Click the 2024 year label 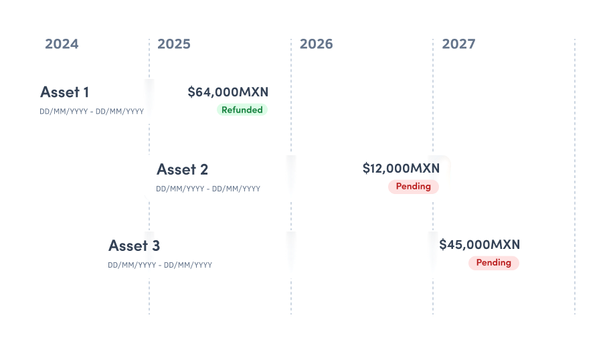point(62,44)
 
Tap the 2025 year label point(174,44)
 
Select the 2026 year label point(316,44)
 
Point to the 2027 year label point(458,44)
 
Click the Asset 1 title point(64,92)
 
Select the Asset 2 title point(182,169)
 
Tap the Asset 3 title point(134,246)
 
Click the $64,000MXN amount point(228,92)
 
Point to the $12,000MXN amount point(402,168)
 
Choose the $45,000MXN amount point(479,245)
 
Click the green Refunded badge point(242,110)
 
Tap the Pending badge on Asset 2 point(414,187)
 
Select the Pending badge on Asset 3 point(493,263)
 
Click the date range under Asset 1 point(92,111)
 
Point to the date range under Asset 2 point(208,189)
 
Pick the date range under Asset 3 point(160,265)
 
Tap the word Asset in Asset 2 point(175,169)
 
